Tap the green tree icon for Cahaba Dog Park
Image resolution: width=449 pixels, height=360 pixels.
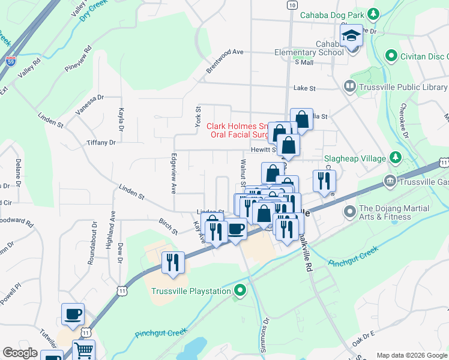[373, 14]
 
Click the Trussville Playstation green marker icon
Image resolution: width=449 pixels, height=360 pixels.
[240, 292]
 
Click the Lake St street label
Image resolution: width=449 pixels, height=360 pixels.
[304, 88]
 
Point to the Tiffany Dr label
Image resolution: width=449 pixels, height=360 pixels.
[101, 143]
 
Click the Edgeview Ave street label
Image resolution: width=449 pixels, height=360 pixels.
[173, 174]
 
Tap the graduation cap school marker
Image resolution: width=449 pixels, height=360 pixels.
[351, 35]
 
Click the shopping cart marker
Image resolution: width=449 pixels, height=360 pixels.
[84, 350]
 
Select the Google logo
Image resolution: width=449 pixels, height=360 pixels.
[20, 353]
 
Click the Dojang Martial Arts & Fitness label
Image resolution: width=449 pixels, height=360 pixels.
[393, 214]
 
